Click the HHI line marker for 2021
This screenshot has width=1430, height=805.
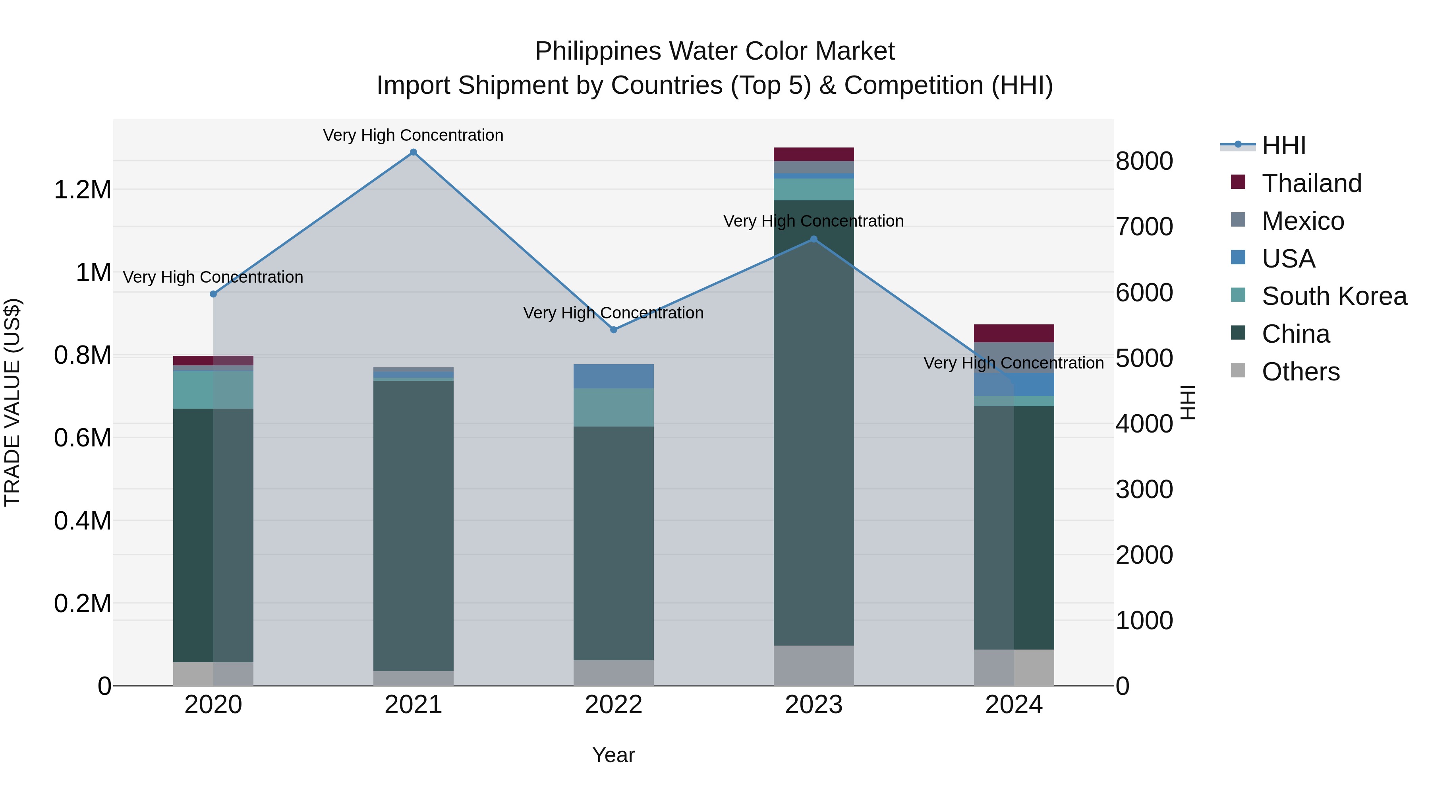[413, 152]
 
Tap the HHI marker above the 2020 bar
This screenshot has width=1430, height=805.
[213, 294]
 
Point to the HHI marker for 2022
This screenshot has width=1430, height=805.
[613, 330]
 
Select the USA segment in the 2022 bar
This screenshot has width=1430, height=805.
[613, 376]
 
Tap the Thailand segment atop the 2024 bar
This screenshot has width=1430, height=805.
[1014, 334]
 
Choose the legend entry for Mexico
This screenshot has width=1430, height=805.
[1302, 221]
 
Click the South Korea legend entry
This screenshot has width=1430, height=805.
[1334, 296]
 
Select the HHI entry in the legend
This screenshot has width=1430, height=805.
[1283, 145]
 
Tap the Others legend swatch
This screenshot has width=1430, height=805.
[1238, 370]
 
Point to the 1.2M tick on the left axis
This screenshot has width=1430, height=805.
[82, 190]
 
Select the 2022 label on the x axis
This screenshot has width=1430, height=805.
[613, 705]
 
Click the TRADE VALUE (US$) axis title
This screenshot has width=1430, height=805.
[12, 402]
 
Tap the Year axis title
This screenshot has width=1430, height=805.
[613, 755]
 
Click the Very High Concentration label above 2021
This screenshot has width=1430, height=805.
[413, 135]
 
